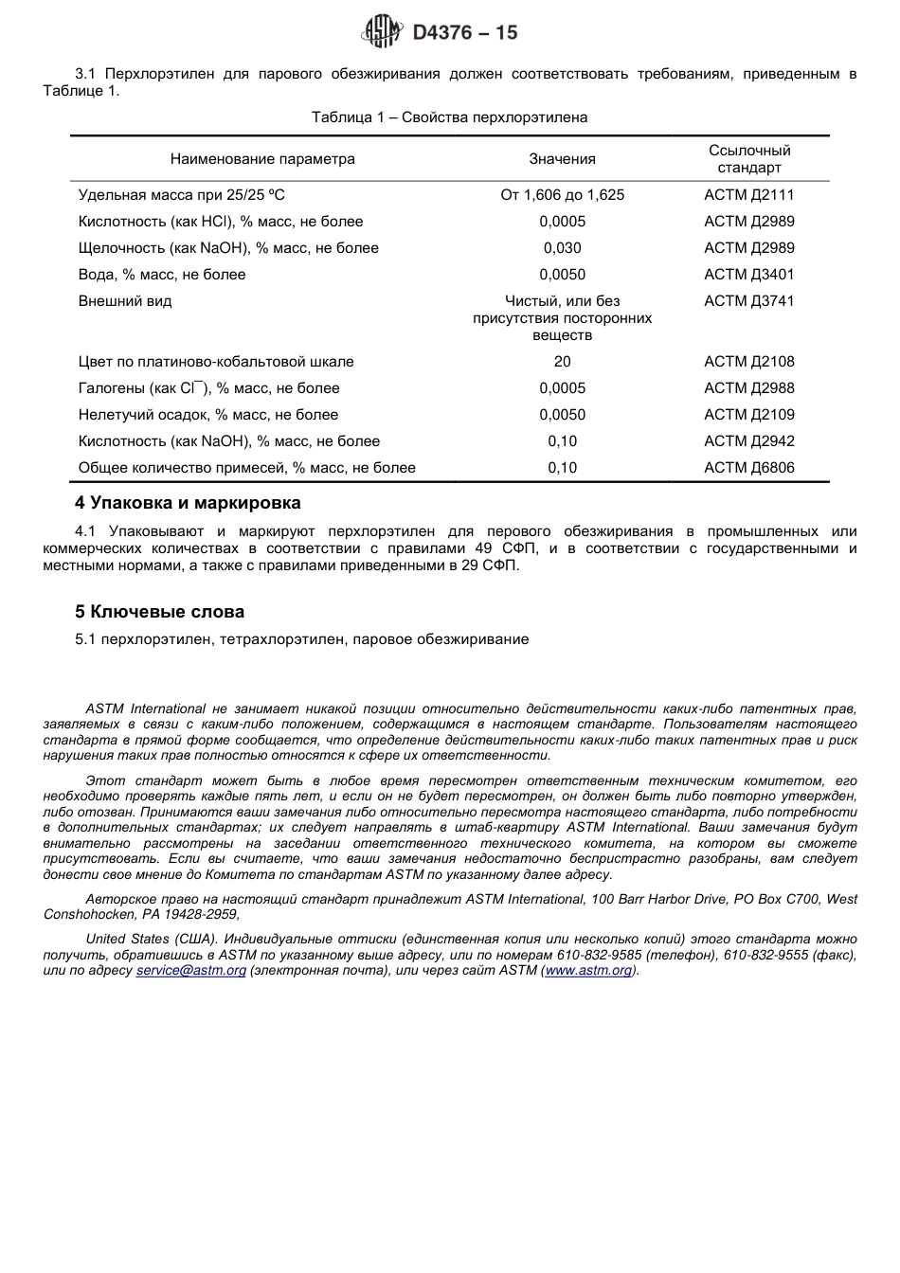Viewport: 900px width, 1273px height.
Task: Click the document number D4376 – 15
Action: coord(465,33)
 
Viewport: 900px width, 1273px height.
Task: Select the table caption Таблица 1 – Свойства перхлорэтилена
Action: coord(449,117)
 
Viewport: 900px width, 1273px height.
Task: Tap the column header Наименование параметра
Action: coord(262,159)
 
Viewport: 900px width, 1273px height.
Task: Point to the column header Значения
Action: coord(562,159)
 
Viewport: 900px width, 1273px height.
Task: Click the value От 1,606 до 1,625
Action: coord(562,195)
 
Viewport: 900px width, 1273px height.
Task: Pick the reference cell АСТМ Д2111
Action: coord(748,195)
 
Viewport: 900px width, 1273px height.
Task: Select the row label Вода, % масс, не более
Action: coord(162,275)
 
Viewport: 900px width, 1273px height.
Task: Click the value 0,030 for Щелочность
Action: coord(562,248)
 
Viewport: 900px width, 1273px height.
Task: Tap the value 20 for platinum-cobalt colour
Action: coord(562,362)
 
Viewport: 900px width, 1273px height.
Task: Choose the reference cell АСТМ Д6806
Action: coord(748,468)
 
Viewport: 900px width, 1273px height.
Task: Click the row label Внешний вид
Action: coord(125,301)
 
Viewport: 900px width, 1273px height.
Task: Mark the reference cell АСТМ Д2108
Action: coord(748,362)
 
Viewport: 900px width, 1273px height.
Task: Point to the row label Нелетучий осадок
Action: coord(207,415)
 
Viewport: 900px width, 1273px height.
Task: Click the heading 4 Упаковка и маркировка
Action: coord(188,503)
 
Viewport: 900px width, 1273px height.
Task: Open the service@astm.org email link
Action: coord(190,971)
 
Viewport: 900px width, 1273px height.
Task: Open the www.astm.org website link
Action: coord(588,971)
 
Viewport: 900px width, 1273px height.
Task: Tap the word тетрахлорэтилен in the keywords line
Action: coord(281,639)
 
